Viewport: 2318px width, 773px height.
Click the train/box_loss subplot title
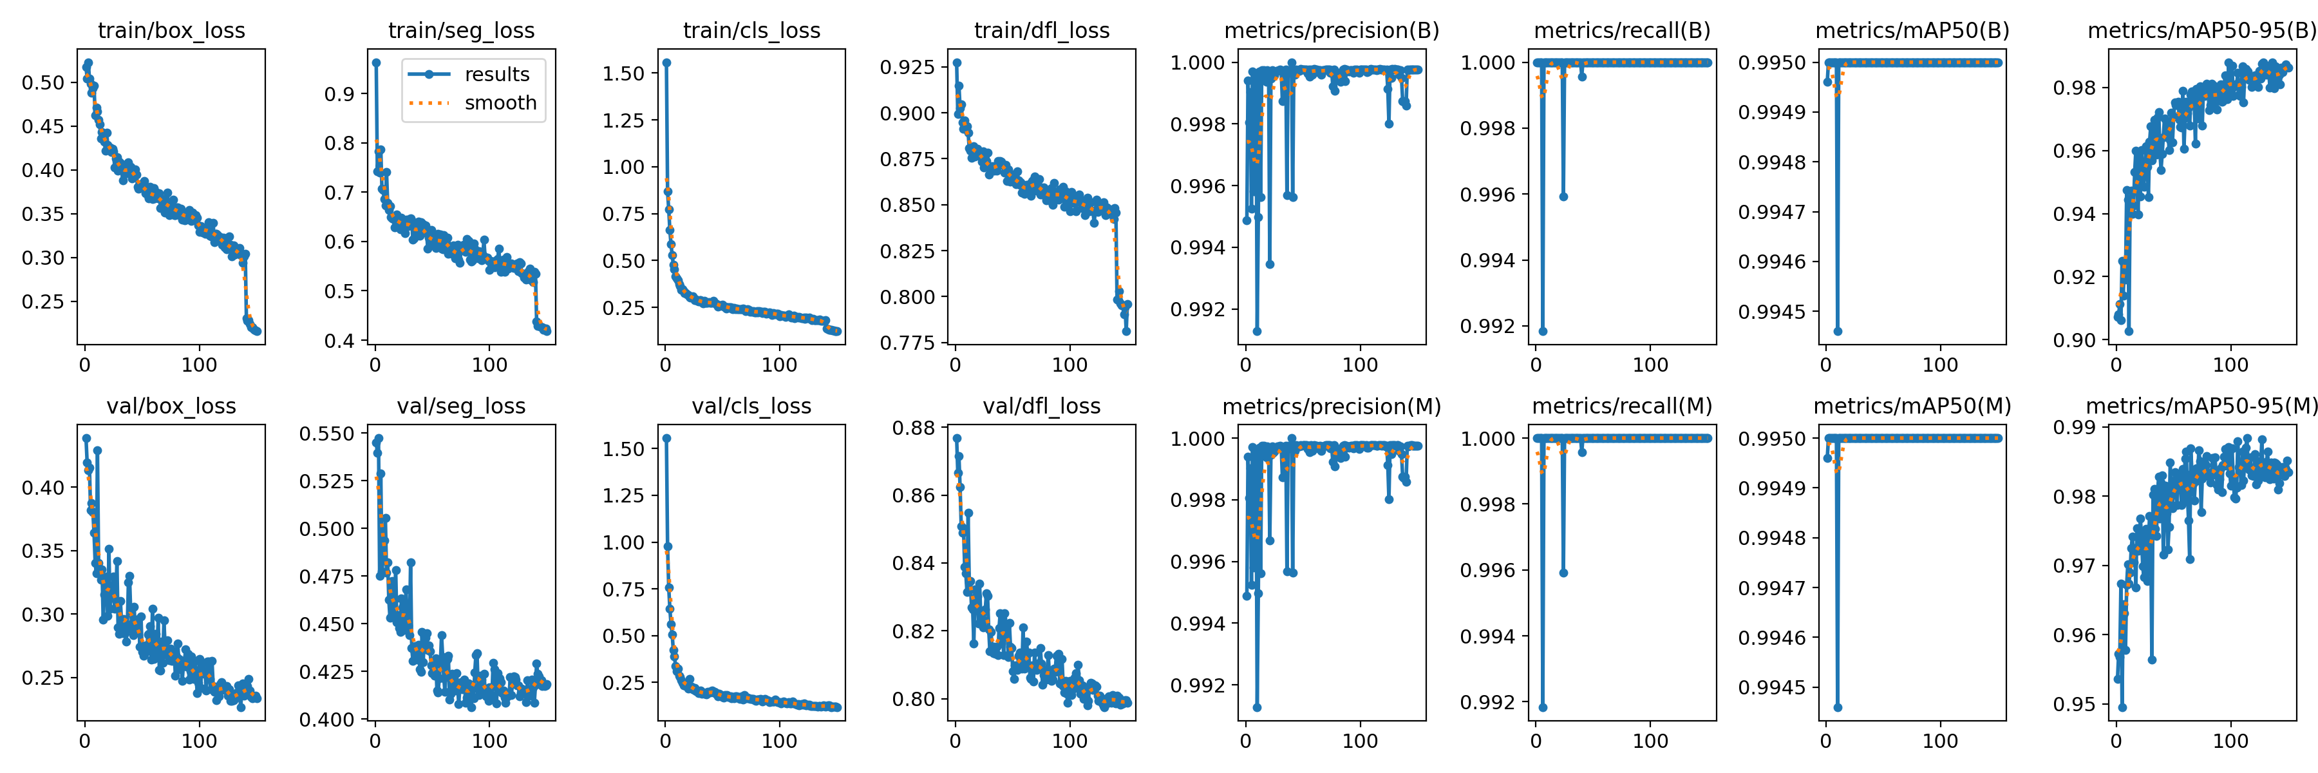(x=171, y=30)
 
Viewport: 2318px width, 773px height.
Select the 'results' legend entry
(x=496, y=75)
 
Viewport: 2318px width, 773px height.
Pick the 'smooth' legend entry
(x=500, y=104)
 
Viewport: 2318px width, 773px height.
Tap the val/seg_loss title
(x=461, y=406)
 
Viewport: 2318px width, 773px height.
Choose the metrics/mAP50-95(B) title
(x=2201, y=30)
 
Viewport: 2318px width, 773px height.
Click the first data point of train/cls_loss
(x=667, y=63)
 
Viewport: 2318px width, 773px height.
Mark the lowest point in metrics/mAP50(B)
(x=1838, y=331)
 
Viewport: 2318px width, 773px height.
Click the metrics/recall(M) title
(x=1621, y=406)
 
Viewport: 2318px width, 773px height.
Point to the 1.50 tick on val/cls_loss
(x=623, y=449)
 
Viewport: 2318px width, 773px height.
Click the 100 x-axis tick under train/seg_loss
(x=489, y=365)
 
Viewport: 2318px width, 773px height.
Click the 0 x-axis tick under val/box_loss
(x=84, y=741)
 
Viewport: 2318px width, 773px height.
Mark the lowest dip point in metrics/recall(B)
(x=1543, y=331)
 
